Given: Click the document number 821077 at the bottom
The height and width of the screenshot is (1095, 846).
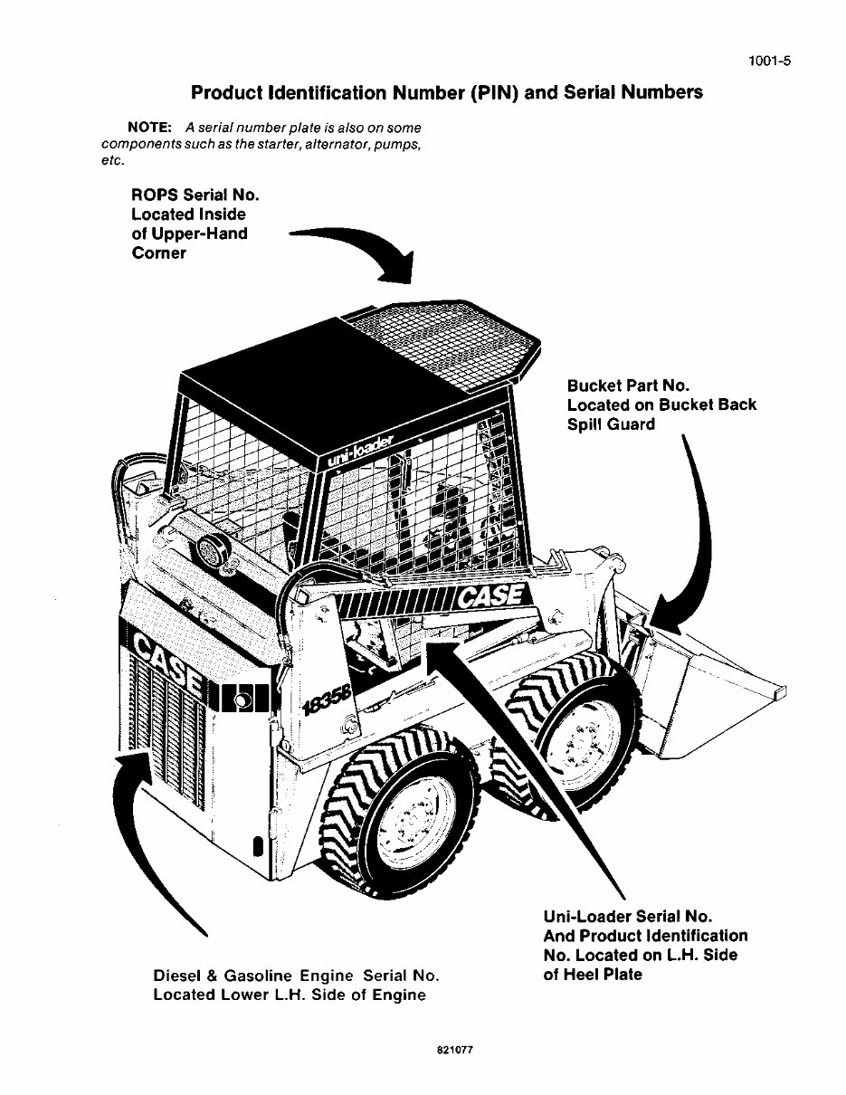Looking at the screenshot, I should point(455,1052).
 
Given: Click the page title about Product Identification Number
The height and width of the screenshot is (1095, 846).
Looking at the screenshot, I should point(446,92).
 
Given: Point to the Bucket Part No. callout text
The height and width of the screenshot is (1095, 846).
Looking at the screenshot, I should point(661,405).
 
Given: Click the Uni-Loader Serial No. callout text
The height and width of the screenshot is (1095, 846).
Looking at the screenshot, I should point(645,945).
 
